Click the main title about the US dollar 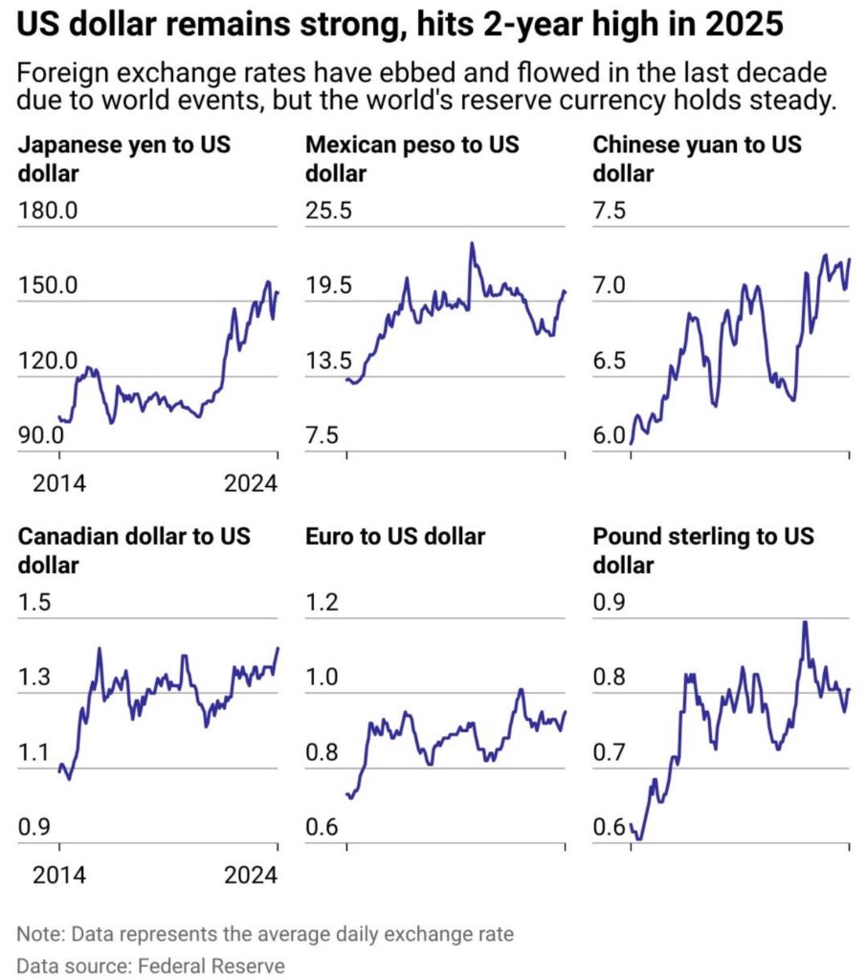coord(399,24)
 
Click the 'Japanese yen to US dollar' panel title coord(123,159)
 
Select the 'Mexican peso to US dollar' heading coord(411,159)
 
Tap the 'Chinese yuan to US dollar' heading coord(697,159)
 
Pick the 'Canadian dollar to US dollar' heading coord(134,550)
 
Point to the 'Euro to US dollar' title coord(395,536)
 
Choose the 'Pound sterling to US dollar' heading coord(703,550)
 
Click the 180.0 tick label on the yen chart coord(48,211)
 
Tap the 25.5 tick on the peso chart coord(328,211)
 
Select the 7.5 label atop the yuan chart coord(609,211)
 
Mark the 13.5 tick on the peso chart coord(328,361)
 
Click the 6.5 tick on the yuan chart coord(609,361)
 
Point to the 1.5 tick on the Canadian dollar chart coord(33,602)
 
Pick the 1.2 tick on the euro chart coord(322,602)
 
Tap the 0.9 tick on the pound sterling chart coord(609,602)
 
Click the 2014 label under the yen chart coord(58,483)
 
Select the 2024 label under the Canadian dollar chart coord(251,875)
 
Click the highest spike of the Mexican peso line coord(472,243)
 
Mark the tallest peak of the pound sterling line coord(805,622)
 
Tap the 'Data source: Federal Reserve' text coord(150,966)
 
